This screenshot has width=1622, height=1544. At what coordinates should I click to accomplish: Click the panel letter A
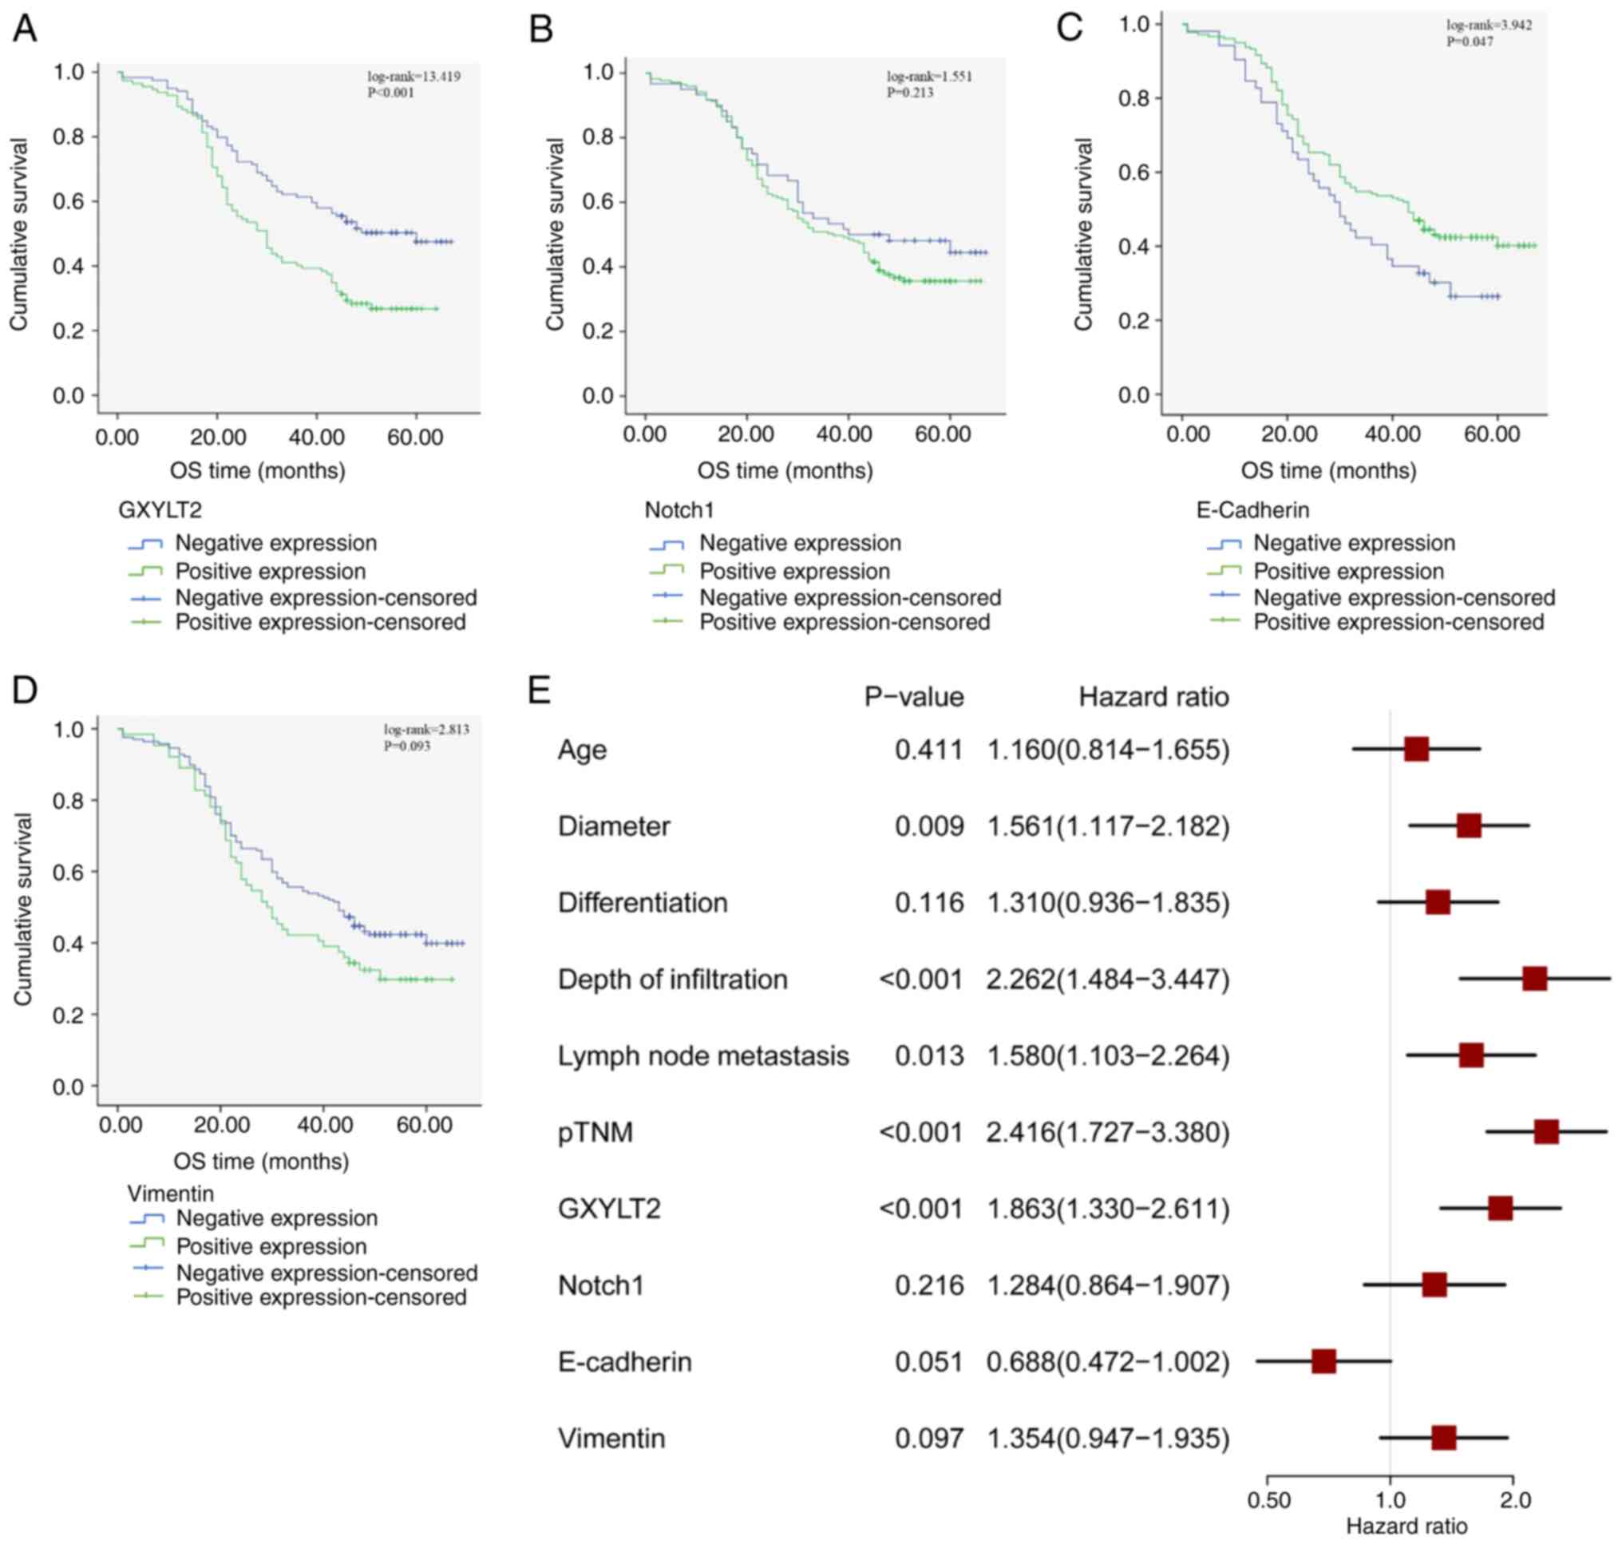click(x=25, y=29)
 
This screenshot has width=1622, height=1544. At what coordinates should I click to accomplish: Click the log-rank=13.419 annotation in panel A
click(x=413, y=77)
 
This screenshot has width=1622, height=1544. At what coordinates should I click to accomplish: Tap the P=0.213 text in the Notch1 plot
click(x=909, y=92)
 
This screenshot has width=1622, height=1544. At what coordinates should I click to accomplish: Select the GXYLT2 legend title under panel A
click(x=160, y=510)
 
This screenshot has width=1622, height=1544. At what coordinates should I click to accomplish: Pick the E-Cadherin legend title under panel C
click(x=1252, y=510)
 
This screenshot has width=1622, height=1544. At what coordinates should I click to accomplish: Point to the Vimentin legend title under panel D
click(x=170, y=1194)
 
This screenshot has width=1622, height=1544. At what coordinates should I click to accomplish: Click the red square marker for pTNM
click(x=1545, y=1132)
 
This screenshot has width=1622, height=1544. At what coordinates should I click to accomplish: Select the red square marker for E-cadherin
click(x=1323, y=1361)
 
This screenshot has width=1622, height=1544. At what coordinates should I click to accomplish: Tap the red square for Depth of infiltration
click(x=1534, y=979)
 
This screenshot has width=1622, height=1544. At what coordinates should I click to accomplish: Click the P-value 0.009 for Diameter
click(x=929, y=826)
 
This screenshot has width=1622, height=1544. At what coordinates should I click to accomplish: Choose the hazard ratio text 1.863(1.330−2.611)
click(x=1108, y=1209)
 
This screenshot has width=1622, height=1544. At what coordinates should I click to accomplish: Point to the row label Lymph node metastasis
click(x=702, y=1056)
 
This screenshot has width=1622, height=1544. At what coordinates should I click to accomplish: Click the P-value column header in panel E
click(x=913, y=697)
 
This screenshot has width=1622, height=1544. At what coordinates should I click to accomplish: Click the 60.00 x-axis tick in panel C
click(x=1491, y=434)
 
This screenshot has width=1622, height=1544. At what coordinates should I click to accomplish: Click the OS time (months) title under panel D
click(x=261, y=1162)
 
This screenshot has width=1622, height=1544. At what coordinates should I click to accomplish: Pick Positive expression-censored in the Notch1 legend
click(x=845, y=622)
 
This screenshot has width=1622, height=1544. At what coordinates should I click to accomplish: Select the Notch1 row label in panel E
click(x=601, y=1285)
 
